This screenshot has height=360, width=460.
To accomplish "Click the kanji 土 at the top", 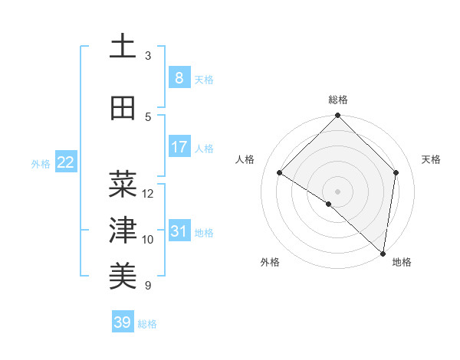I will click(123, 47).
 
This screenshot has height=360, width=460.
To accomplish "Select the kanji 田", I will click(123, 109).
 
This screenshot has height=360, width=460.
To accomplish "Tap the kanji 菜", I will click(123, 185).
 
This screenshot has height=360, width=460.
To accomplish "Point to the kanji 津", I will click(123, 231).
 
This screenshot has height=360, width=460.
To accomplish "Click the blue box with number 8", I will click(179, 78).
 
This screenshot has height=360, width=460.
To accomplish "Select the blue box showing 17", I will click(179, 147).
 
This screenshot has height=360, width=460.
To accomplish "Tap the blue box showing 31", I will click(179, 231).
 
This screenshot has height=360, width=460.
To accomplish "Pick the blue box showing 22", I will click(66, 162).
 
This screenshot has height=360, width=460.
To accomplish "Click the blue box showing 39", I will click(123, 322).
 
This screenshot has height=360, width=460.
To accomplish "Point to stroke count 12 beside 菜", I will click(148, 194).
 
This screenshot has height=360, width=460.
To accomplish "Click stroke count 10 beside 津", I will click(148, 240).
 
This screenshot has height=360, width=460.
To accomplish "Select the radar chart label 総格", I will click(338, 100).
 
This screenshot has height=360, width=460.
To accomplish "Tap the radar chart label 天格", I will click(431, 159).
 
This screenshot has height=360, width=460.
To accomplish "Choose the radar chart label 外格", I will click(270, 262).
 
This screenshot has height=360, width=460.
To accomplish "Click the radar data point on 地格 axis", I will click(383, 253).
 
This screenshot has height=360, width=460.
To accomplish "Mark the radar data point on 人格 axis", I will click(280, 173).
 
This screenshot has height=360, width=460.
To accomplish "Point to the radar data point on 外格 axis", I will click(329, 204).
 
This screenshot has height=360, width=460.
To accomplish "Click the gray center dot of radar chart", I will click(337, 191).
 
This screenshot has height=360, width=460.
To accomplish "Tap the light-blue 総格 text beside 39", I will click(147, 324).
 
